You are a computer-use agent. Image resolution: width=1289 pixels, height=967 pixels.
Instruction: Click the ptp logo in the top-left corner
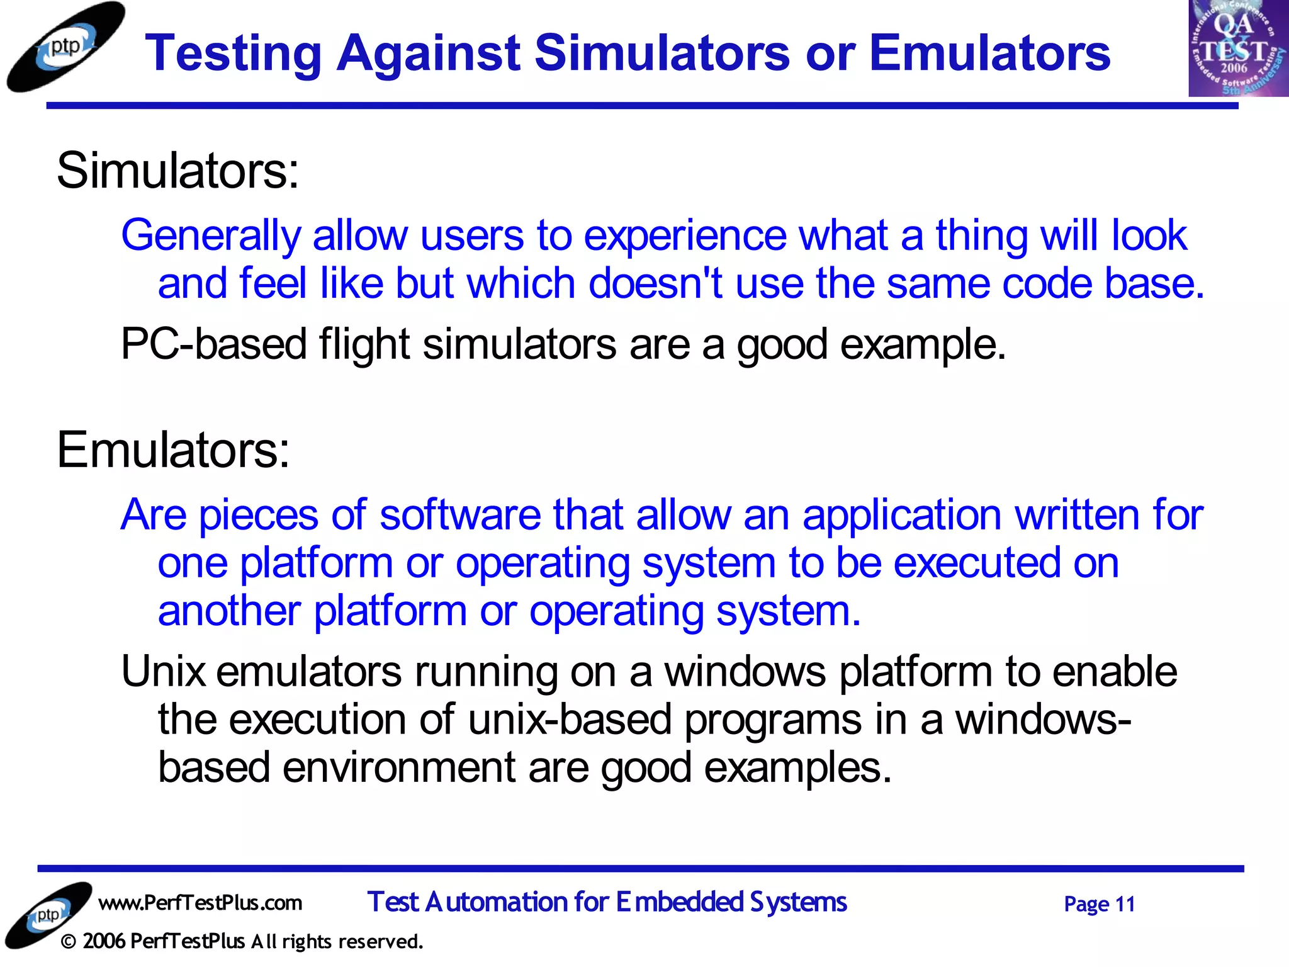pos(65,47)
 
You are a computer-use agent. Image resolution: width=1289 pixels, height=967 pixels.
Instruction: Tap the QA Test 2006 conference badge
pos(1237,48)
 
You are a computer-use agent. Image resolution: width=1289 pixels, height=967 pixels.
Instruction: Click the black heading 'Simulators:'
pos(177,171)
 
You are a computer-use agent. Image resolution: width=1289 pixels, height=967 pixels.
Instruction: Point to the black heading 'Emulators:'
pos(173,450)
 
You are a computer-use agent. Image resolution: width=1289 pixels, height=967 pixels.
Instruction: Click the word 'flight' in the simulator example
pos(364,344)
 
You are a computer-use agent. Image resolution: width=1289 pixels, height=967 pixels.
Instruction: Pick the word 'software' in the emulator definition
pos(459,515)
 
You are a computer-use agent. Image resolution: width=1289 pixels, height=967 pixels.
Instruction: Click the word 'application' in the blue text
pos(901,515)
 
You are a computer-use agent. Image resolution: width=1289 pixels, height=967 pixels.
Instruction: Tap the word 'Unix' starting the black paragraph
pos(163,672)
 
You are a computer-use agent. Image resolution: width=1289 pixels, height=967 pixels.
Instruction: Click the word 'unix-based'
pos(570,720)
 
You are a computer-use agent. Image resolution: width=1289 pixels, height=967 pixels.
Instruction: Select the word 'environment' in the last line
pos(399,767)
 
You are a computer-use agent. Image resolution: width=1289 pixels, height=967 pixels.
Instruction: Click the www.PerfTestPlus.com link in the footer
pos(200,903)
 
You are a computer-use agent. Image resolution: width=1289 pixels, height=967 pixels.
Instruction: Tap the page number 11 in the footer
pos(1124,904)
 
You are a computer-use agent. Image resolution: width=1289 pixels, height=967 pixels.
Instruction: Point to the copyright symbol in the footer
pos(69,942)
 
